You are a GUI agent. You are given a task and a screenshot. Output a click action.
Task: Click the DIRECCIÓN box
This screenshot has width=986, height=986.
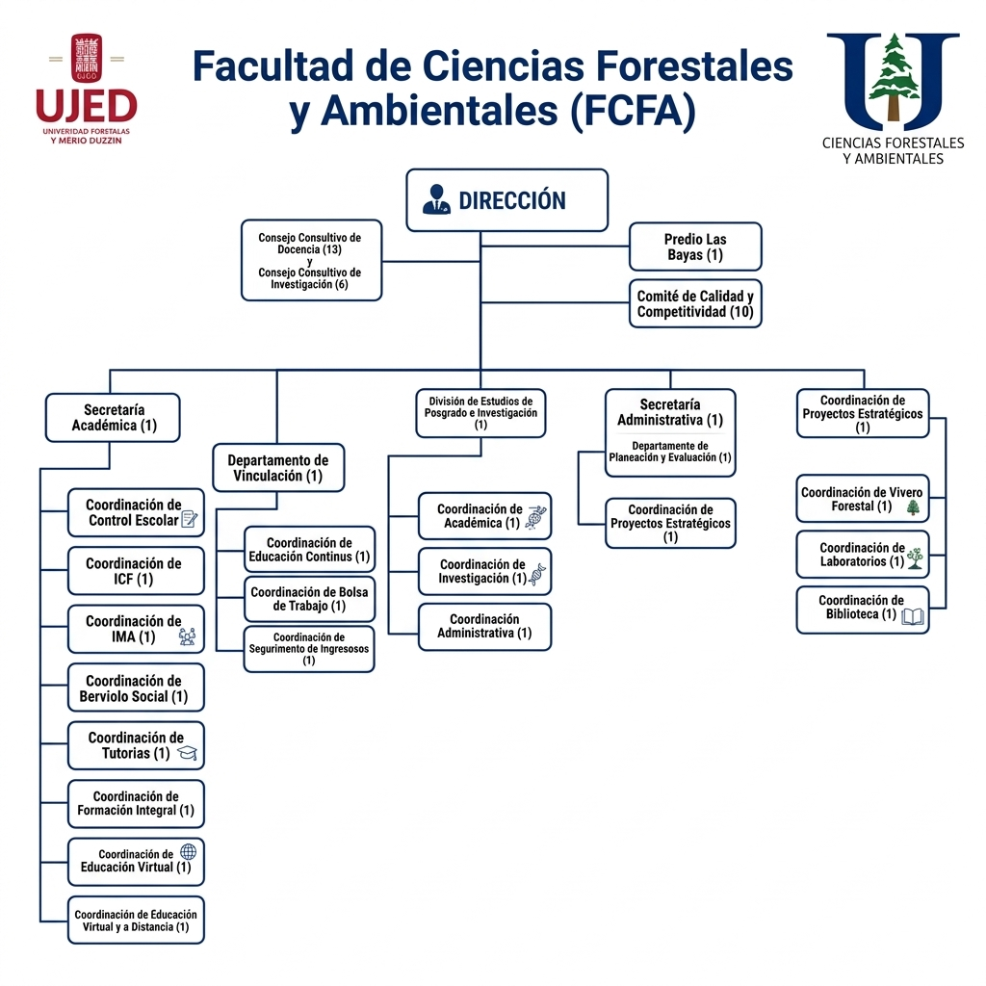click(x=506, y=200)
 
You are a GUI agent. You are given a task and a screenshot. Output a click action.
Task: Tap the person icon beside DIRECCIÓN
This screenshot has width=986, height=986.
click(x=436, y=199)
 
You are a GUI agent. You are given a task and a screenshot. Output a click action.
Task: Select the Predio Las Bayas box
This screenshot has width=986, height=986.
click(x=695, y=246)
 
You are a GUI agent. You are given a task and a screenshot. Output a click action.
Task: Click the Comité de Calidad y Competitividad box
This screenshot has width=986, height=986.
click(x=695, y=304)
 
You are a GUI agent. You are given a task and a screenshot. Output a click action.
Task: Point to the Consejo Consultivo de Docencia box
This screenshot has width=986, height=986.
click(x=310, y=261)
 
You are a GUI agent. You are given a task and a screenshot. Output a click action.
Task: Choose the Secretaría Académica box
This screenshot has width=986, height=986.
click(x=114, y=418)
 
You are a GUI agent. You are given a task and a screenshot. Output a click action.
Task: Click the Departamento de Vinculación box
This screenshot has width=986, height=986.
click(x=277, y=468)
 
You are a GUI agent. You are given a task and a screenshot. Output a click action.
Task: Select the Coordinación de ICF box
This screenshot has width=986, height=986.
click(x=136, y=571)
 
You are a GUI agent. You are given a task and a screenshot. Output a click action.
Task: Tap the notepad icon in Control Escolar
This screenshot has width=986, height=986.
click(x=190, y=520)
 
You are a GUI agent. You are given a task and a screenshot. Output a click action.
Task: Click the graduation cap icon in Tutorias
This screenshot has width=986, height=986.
click(x=187, y=753)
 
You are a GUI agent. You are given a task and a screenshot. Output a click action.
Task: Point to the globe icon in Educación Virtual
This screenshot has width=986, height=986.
click(x=188, y=852)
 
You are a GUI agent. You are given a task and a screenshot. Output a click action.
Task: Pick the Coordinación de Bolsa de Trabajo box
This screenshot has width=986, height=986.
click(x=310, y=599)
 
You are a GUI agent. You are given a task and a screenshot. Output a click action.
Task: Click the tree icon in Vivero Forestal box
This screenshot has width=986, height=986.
click(x=913, y=506)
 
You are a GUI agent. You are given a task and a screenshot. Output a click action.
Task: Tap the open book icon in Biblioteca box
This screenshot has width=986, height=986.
click(x=913, y=616)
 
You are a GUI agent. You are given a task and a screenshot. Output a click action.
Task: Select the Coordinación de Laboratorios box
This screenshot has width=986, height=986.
click(x=863, y=555)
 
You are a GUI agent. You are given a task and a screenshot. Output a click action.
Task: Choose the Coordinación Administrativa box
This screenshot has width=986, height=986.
click(x=484, y=626)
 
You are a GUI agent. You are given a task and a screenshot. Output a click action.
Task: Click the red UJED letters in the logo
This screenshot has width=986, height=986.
click(x=87, y=107)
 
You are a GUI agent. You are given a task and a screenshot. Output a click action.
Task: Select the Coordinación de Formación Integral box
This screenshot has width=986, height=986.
click(x=136, y=803)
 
